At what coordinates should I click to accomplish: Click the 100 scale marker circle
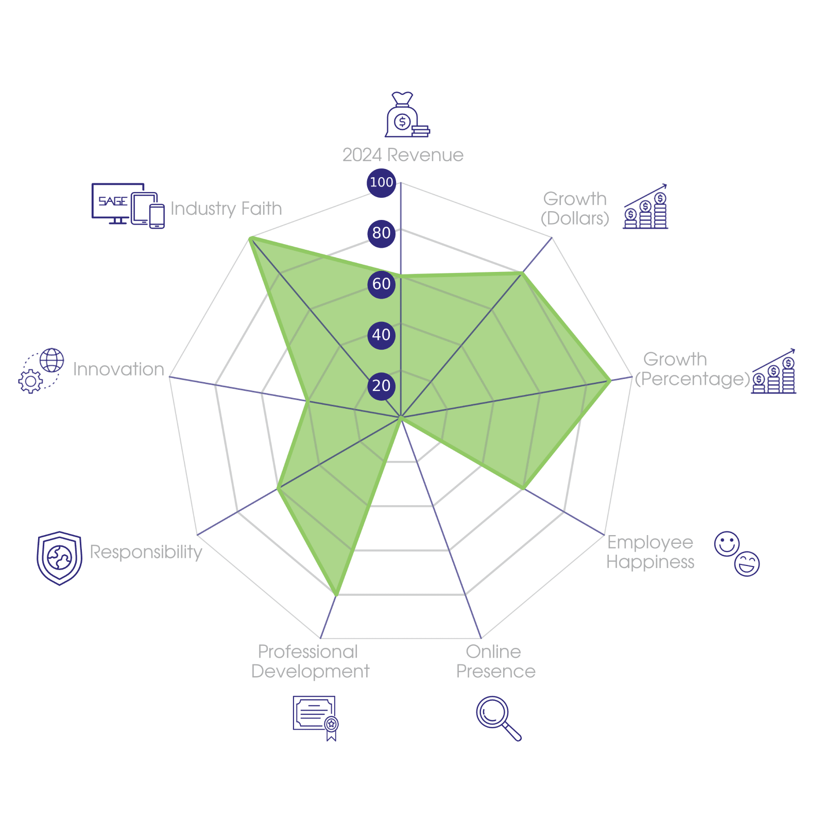[x=381, y=182]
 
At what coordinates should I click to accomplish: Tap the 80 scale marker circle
[x=381, y=233]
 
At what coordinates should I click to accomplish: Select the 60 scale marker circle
[x=381, y=284]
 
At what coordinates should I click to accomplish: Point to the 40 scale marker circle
[x=381, y=335]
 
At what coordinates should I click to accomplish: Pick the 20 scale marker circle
[x=381, y=386]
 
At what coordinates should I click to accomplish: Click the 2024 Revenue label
[x=403, y=155]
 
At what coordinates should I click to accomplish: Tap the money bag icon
[x=406, y=115]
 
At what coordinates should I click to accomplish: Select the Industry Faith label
[x=226, y=209]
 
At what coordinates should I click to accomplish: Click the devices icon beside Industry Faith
[x=128, y=205]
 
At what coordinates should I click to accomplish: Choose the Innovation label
[x=118, y=369]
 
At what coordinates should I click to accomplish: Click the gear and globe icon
[x=41, y=371]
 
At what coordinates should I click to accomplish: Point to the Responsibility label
[x=146, y=552]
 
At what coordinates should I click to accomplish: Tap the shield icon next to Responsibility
[x=59, y=558]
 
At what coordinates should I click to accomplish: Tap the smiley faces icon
[x=737, y=554]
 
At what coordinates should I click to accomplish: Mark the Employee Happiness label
[x=650, y=552]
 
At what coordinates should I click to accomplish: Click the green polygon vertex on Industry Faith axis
[x=250, y=237]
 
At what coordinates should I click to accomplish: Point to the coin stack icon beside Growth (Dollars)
[x=645, y=207]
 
